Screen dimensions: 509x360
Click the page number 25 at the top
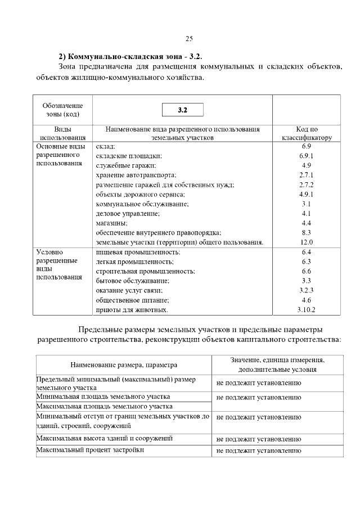[x=189, y=38]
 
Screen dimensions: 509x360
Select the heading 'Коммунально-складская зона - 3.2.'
[x=130, y=57]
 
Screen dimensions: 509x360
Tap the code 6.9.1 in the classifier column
[x=307, y=155]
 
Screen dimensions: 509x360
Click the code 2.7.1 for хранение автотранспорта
[x=307, y=175]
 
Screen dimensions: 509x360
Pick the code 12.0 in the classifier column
[x=307, y=242]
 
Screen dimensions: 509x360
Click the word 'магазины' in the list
[x=112, y=223]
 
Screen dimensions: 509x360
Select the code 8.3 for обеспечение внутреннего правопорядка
[x=307, y=232]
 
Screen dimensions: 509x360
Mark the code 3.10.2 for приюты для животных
[x=307, y=310]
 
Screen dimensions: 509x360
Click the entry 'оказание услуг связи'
[x=129, y=290]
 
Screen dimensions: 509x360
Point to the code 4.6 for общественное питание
[x=307, y=300]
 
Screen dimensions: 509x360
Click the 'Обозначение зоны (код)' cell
[x=62, y=110]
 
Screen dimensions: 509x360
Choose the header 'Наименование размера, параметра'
[x=123, y=364]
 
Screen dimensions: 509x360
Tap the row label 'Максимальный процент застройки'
[x=89, y=450]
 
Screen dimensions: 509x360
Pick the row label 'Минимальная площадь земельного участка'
[x=102, y=397]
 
